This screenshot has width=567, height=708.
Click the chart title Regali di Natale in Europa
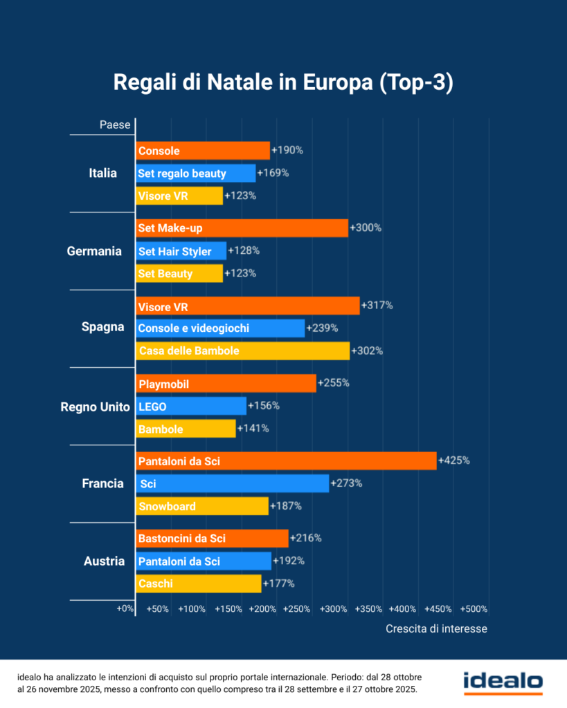(283, 83)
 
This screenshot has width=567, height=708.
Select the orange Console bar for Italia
(203, 151)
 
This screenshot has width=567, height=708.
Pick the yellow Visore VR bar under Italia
(179, 196)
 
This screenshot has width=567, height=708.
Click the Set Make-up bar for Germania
(242, 228)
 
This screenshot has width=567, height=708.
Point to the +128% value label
(244, 250)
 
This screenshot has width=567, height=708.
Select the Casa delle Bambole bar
(242, 351)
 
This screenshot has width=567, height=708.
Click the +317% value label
(377, 305)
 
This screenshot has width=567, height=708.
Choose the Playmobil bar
(226, 384)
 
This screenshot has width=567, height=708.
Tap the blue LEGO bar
(191, 406)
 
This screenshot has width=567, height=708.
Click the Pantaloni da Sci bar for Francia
(286, 460)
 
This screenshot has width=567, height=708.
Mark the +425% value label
(453, 460)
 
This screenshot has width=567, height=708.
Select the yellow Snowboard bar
(202, 506)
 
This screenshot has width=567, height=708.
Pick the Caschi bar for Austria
(199, 584)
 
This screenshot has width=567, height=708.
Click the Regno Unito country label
(96, 407)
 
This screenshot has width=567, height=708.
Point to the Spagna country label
(102, 327)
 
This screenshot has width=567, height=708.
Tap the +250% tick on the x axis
(297, 609)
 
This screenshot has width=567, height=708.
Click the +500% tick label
(474, 609)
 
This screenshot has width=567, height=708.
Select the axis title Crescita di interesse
(436, 629)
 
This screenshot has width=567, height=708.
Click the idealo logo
(503, 682)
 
